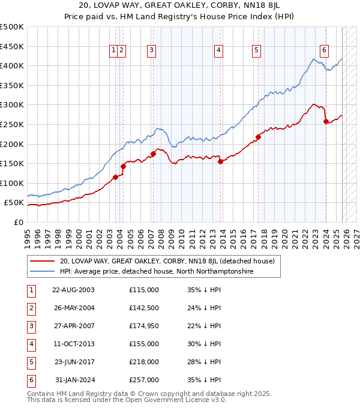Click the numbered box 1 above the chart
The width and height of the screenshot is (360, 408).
(x=113, y=51)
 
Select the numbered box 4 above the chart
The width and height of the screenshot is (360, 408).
(x=218, y=51)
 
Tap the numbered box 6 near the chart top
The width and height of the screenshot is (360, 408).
(x=323, y=50)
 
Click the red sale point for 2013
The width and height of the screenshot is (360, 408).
(x=220, y=161)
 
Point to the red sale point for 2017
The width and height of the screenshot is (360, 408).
(x=258, y=137)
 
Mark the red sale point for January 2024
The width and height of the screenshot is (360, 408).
(x=326, y=122)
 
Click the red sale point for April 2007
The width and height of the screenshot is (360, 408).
(x=153, y=154)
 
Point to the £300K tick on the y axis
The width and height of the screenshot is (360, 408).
(x=12, y=105)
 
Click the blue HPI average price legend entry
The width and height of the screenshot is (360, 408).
(x=156, y=271)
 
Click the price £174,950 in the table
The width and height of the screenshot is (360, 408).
(x=144, y=326)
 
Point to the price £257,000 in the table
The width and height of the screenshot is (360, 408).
(x=144, y=380)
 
